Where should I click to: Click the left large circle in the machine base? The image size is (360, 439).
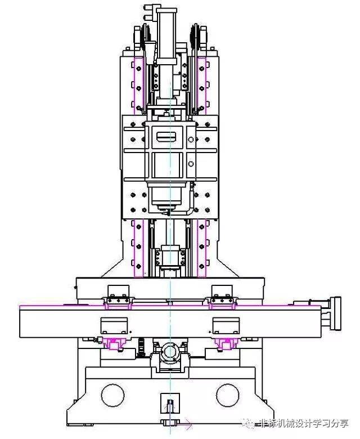coord(101,395)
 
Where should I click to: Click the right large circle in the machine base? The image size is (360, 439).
coord(216,395)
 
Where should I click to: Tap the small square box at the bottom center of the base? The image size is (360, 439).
coord(170,403)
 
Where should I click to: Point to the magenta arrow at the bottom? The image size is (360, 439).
coord(185,425)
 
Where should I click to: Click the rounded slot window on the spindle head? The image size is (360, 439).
coord(166,137)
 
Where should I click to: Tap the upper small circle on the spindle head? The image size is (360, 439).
coord(191,140)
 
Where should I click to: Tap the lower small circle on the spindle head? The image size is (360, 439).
coord(191,164)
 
